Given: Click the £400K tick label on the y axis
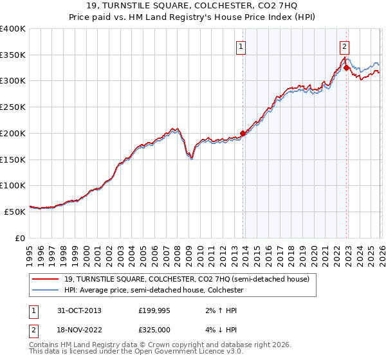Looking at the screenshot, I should click(13, 29).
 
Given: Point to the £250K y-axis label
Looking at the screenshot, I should click(13, 107).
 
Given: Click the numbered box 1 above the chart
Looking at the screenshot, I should click(241, 46).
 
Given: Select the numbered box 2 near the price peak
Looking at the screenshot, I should click(345, 46).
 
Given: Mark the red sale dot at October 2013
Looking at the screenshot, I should click(243, 134).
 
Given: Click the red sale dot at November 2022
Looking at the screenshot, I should click(346, 67).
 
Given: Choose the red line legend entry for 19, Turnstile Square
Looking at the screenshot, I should click(187, 279).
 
